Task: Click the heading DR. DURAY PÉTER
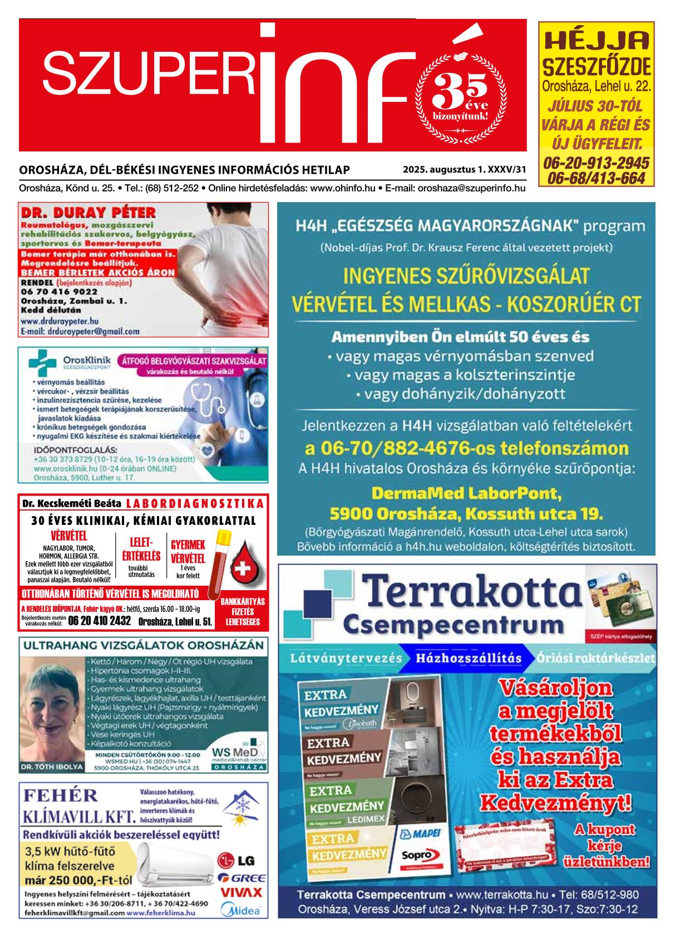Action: [88, 213]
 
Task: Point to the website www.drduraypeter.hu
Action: [60, 321]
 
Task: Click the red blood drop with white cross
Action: [240, 568]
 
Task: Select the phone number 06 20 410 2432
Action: [99, 621]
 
